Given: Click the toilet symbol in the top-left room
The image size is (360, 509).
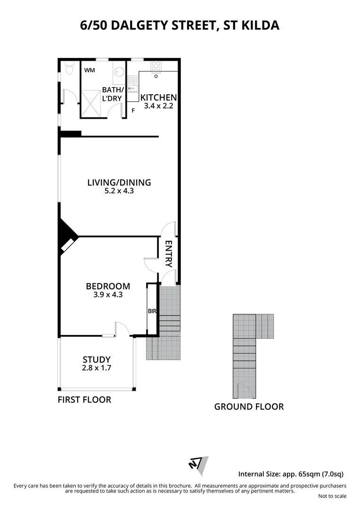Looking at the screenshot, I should pos(70,69).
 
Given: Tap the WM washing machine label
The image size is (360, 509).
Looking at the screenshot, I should pos(90,70).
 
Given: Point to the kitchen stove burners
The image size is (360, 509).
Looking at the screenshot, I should pos(156,67).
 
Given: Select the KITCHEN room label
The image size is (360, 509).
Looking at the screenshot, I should pos(159,98).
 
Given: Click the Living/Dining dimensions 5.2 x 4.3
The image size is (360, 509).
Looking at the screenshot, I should pos(119,191).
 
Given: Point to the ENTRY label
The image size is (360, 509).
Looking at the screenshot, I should pos(168,254).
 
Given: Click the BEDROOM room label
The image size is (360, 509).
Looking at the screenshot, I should pos(108,286).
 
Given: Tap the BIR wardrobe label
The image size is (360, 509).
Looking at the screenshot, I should pos(152,312).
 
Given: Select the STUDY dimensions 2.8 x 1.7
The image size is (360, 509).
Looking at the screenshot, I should pos(97,369).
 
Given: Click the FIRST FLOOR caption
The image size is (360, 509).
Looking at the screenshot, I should pos(84,400).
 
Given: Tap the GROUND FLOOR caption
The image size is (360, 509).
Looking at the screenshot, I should pos(249,407).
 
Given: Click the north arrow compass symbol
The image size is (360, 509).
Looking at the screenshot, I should pos(198,464).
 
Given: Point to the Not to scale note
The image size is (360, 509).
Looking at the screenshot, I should pos(332,496).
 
